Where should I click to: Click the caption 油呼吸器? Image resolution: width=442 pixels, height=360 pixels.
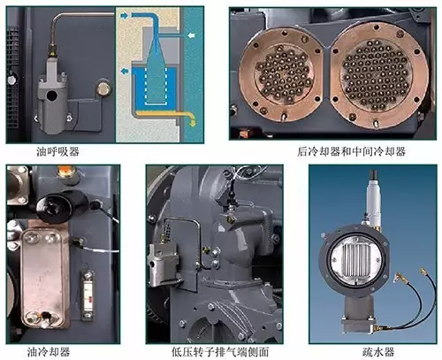(x=57, y=151)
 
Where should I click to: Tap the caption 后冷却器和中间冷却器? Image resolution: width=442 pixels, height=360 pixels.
(x=351, y=151)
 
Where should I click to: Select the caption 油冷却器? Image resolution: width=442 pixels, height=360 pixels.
(x=49, y=352)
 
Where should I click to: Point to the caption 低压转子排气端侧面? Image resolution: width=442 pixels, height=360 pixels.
(x=220, y=352)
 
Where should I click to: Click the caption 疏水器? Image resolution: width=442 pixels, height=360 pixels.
(x=378, y=352)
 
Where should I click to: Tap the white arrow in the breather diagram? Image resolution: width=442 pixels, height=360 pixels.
(x=191, y=35)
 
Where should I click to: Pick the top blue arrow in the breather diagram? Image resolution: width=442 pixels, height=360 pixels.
(x=125, y=16)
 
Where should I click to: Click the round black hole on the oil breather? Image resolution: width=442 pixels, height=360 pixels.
(x=52, y=96)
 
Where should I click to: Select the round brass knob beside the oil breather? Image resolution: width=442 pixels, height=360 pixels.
(x=103, y=88)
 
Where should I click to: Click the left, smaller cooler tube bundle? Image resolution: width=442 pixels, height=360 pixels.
(x=284, y=73)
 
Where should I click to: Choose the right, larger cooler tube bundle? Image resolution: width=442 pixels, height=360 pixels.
(x=377, y=74)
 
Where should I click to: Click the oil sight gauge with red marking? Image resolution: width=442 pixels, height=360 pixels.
(x=88, y=295)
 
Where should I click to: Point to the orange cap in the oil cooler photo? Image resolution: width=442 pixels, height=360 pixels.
(x=66, y=170)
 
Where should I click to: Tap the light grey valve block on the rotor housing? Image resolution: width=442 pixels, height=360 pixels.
(x=163, y=263)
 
